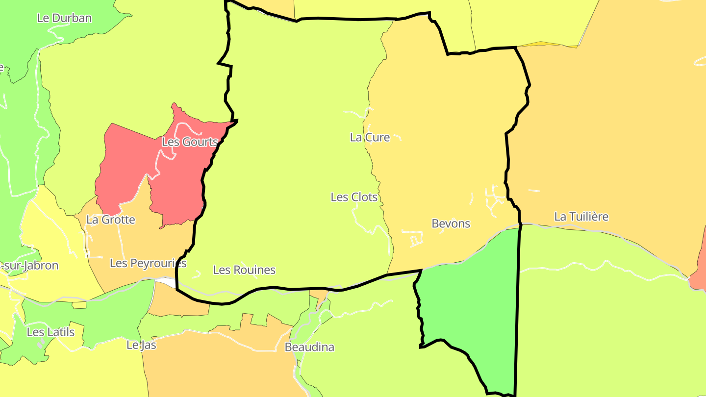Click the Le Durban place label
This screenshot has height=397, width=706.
click(x=64, y=18)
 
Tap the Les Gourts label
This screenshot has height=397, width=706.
click(x=189, y=142)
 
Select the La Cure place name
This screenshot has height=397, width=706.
click(x=370, y=137)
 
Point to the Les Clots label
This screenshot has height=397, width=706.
click(x=354, y=197)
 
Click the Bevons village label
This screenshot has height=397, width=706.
click(x=451, y=223)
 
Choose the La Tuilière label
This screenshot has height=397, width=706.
click(x=581, y=216)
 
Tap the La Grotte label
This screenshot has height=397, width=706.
click(x=110, y=220)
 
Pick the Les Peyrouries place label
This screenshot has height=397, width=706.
click(x=148, y=263)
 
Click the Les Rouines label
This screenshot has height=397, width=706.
click(x=244, y=270)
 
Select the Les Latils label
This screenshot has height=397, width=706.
click(x=50, y=332)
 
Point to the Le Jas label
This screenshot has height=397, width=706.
click(x=141, y=345)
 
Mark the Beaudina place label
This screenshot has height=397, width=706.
click(x=309, y=347)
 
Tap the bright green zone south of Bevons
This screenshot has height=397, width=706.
click(x=471, y=304)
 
